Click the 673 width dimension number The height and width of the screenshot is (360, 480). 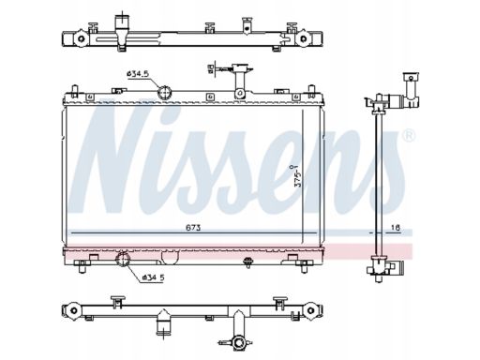click(x=193, y=228)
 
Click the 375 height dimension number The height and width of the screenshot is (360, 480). click(x=298, y=176)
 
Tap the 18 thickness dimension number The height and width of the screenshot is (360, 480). click(x=396, y=228)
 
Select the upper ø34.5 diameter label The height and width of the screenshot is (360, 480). click(x=138, y=74)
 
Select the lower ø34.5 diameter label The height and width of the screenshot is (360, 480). click(x=153, y=277)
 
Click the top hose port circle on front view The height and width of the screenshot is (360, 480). click(x=164, y=92)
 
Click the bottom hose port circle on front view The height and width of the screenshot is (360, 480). click(x=122, y=259)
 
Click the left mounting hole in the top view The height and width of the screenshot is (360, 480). click(x=82, y=38)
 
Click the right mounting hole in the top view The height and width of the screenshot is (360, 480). click(x=303, y=38)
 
